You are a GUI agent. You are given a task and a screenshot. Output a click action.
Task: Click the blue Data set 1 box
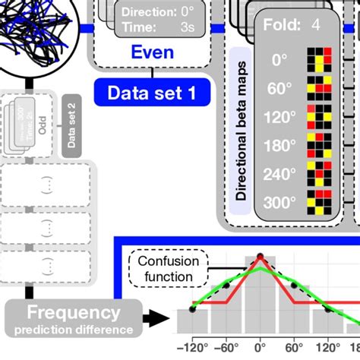pyautogui.click(x=151, y=94)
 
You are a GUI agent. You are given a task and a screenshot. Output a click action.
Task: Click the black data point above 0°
pyautogui.click(x=260, y=256)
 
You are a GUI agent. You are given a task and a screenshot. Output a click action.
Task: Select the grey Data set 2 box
pyautogui.click(x=73, y=126)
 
